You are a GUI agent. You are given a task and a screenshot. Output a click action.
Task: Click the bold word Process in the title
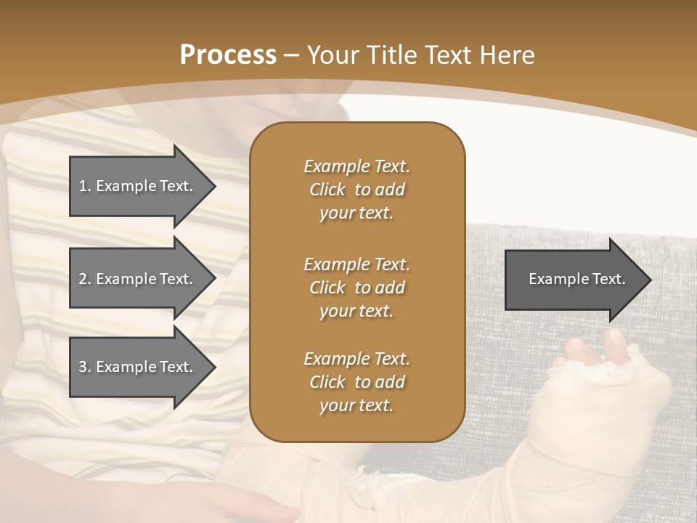(x=228, y=55)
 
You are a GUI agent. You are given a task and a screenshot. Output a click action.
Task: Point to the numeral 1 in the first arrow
(x=83, y=186)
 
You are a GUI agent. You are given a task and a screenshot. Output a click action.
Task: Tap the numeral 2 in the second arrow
(x=83, y=279)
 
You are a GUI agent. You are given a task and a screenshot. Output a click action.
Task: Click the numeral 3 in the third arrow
(x=83, y=367)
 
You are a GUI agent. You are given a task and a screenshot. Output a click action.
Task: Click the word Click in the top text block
(x=327, y=190)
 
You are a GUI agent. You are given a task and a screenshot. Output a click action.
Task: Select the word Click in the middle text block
(x=327, y=288)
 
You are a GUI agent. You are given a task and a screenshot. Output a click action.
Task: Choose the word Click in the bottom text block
(x=327, y=382)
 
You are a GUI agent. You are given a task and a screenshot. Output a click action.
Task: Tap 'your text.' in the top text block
(x=356, y=214)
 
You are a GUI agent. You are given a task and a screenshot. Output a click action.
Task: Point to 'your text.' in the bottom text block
(x=356, y=406)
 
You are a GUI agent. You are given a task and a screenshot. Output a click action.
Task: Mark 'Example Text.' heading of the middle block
(x=356, y=264)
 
